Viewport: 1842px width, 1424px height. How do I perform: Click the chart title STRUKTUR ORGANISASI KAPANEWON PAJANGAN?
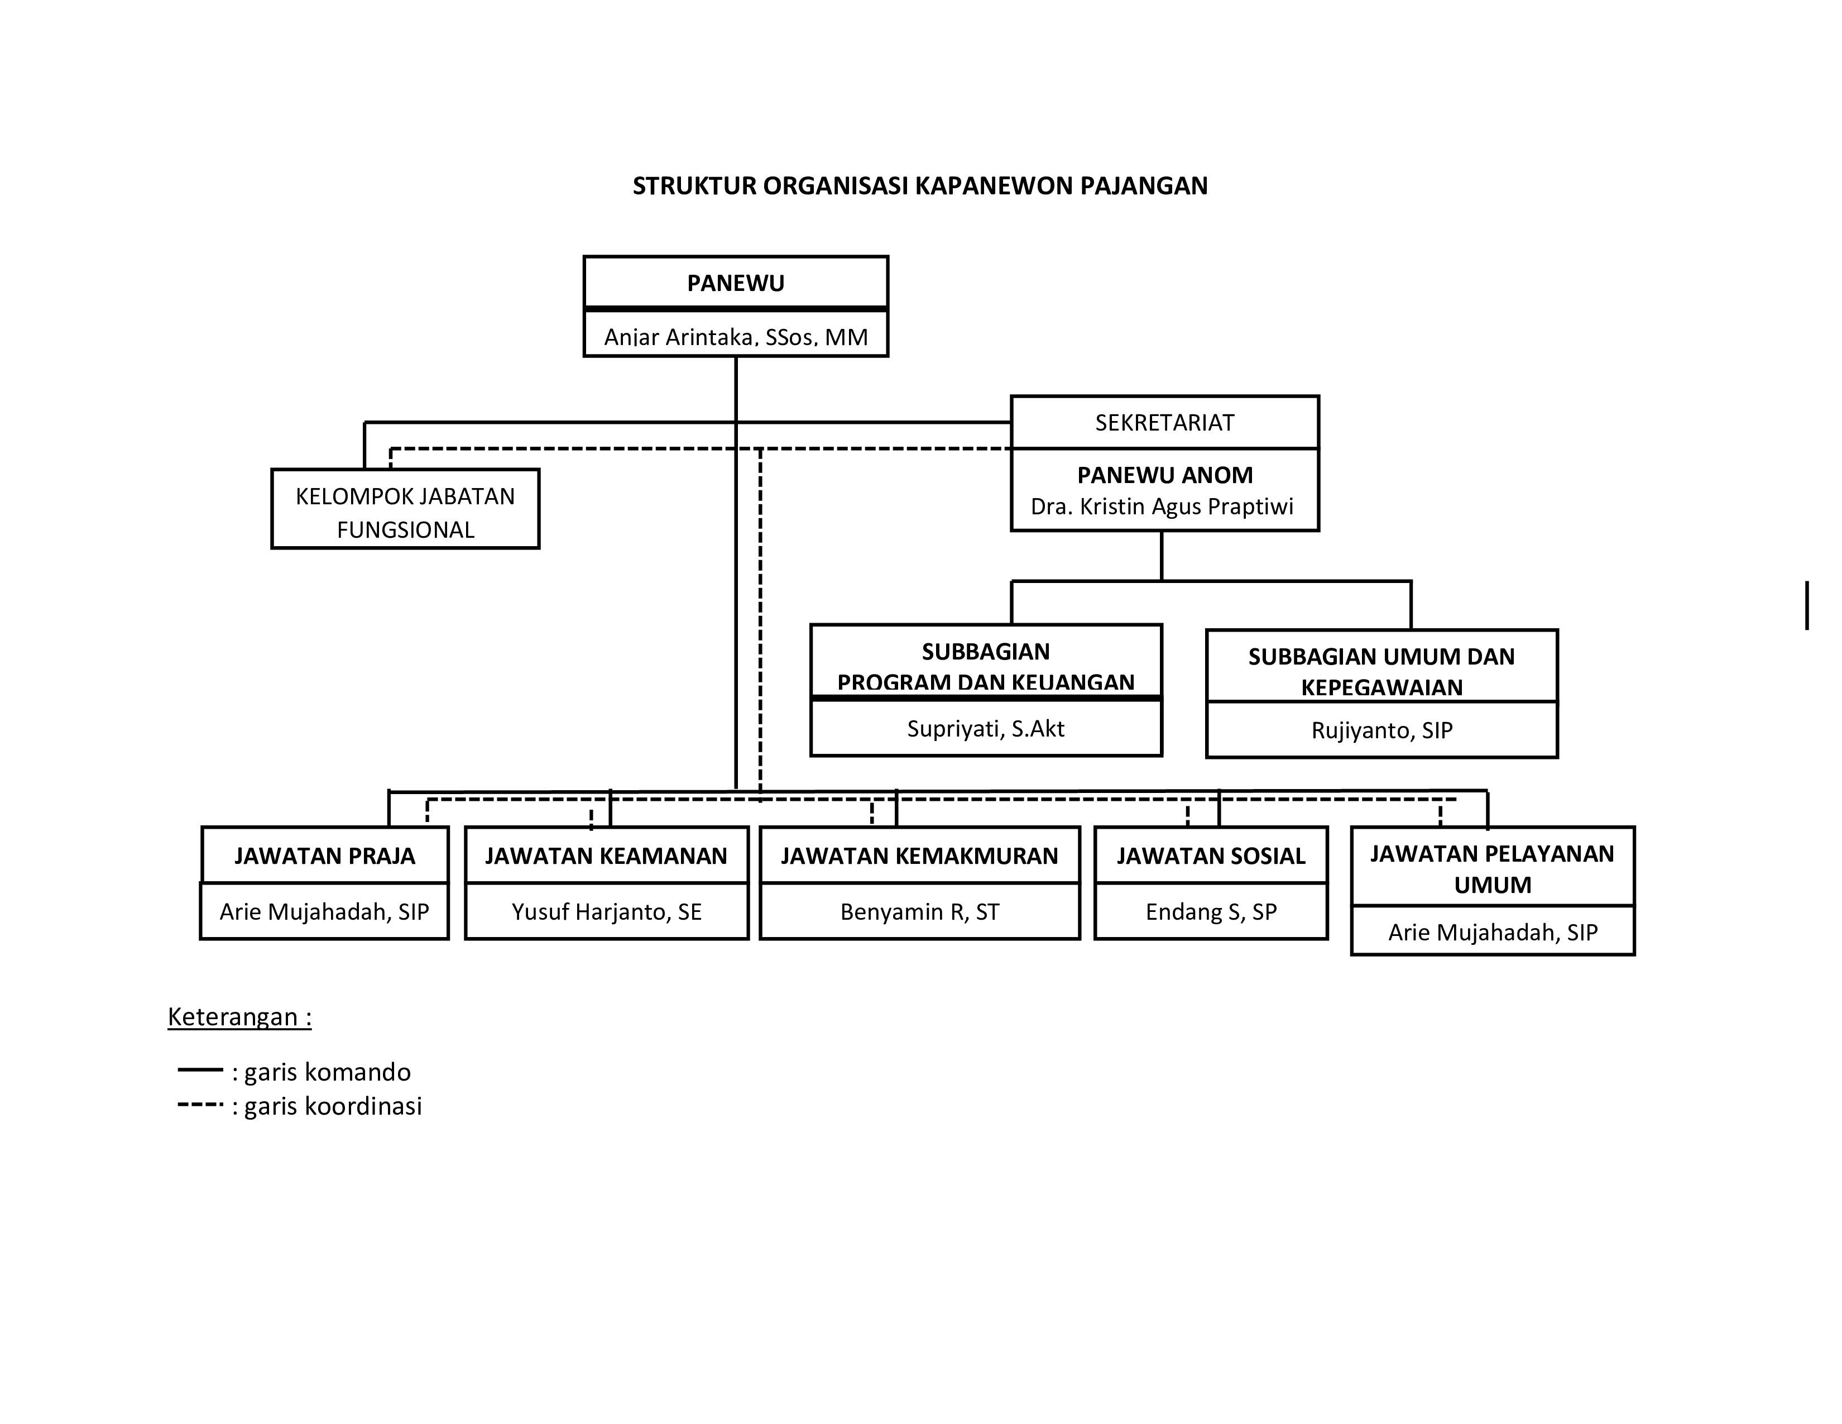(x=920, y=185)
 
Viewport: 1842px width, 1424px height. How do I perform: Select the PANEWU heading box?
(x=736, y=282)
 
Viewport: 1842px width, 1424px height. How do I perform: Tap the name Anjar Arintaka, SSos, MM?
(x=736, y=337)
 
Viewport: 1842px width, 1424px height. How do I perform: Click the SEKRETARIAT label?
(x=1165, y=423)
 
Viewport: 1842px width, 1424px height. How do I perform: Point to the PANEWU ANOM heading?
(x=1165, y=475)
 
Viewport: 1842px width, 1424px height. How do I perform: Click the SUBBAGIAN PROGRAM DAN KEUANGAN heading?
(x=986, y=666)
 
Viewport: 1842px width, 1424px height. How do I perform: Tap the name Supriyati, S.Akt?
(x=986, y=728)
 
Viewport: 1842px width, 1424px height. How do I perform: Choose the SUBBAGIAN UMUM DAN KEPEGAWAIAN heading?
(x=1381, y=671)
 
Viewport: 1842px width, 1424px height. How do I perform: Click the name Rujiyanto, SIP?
(x=1381, y=730)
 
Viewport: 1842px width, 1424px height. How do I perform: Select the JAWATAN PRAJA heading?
(x=325, y=856)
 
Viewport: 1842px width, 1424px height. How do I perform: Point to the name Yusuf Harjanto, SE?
(x=606, y=912)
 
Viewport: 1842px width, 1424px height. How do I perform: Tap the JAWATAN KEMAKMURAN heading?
(x=919, y=856)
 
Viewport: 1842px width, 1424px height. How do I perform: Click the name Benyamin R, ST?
(x=919, y=912)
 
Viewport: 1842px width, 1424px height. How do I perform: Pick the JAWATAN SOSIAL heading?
(x=1211, y=856)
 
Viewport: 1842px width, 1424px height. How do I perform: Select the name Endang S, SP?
(x=1211, y=912)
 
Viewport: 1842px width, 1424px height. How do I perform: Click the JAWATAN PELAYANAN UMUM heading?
(x=1492, y=869)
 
